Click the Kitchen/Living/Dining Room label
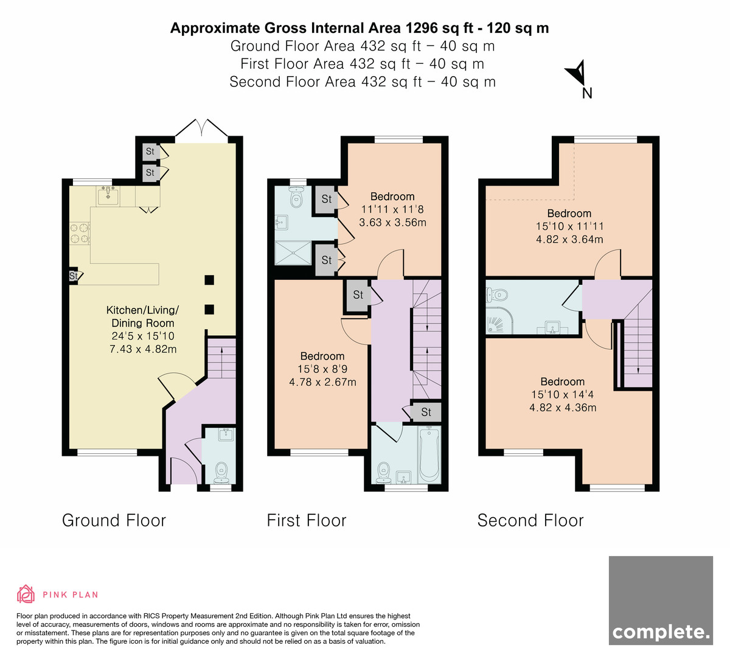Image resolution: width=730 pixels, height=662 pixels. [142, 316]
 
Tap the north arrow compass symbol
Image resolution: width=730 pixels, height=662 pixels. [577, 74]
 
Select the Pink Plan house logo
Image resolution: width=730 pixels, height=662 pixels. [26, 594]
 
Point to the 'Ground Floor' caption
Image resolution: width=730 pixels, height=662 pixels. [114, 520]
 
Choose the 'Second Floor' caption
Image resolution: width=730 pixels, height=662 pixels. [530, 520]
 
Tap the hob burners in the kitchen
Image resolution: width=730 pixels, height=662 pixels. [80, 234]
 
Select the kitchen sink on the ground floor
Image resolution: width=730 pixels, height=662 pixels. [108, 197]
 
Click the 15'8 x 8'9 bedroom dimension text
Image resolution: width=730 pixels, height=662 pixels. [322, 369]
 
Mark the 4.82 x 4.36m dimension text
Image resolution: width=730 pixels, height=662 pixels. [563, 408]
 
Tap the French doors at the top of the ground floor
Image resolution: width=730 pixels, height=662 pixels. [201, 128]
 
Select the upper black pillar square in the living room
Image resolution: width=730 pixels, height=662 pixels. [209, 280]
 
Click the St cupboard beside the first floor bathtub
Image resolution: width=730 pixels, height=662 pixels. [426, 412]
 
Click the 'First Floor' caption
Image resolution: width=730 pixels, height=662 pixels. [307, 520]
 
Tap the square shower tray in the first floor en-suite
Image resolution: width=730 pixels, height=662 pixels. [293, 253]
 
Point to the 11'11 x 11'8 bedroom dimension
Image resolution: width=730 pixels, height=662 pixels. [392, 209]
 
